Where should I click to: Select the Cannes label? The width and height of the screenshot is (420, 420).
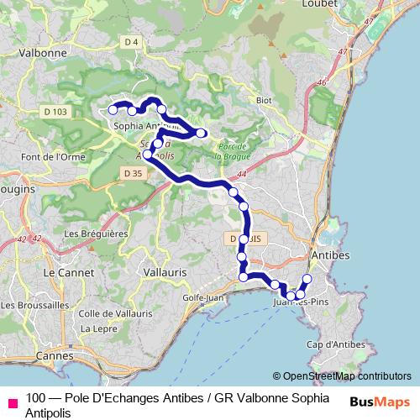tap(55, 356)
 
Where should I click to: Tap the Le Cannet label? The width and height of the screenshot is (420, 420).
tap(61, 273)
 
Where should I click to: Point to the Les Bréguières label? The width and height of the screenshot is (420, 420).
tap(95, 234)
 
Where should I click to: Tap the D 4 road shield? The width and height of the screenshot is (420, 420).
tap(130, 42)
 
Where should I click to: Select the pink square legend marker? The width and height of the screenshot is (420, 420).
tap(12, 402)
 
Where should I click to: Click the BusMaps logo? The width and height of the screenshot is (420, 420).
tap(378, 401)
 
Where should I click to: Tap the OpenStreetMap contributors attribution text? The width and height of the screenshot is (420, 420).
tap(342, 376)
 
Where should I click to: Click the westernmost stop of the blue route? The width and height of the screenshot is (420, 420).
tap(113, 109)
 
